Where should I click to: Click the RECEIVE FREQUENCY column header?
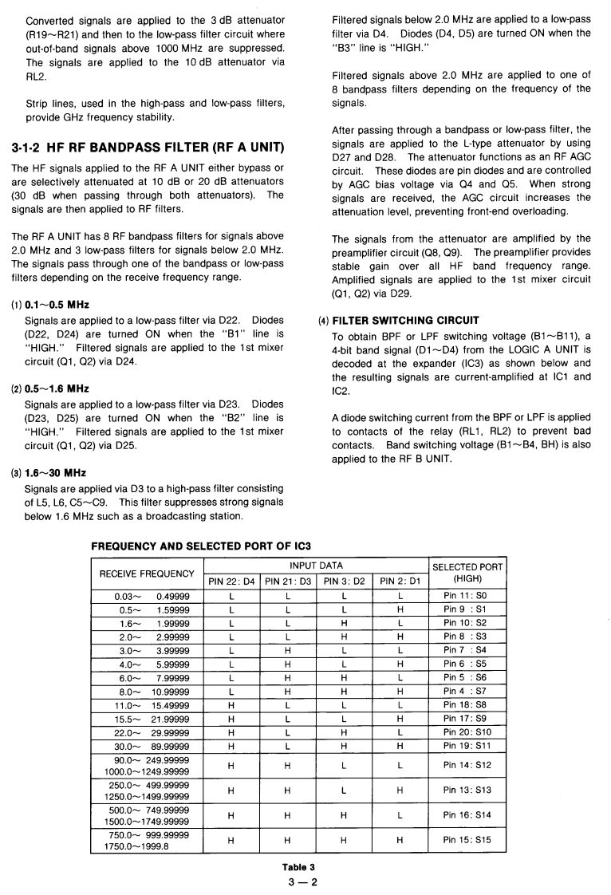[x=146, y=573]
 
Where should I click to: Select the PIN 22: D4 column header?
[x=232, y=581]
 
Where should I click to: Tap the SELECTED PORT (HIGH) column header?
[x=467, y=573]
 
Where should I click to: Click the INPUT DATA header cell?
[x=317, y=566]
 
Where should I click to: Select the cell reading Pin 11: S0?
[x=467, y=595]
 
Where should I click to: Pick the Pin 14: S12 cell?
[x=467, y=766]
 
